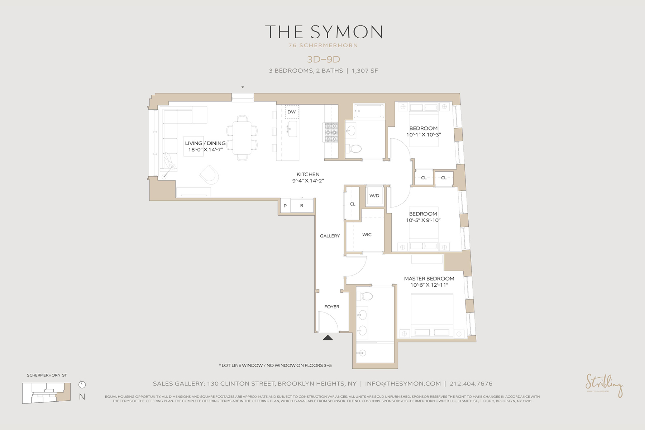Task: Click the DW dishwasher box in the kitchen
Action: [292, 112]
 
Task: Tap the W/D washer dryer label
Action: [374, 196]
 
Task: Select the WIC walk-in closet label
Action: [367, 235]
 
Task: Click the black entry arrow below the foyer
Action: [328, 337]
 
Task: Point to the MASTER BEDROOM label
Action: [429, 278]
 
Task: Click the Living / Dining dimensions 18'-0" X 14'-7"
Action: [205, 150]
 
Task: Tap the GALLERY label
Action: [330, 236]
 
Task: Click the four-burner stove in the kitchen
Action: [331, 132]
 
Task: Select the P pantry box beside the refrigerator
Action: [285, 206]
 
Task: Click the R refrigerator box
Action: [302, 206]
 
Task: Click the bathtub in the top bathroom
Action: [369, 111]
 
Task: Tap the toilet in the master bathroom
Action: [366, 296]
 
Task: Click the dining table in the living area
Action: [242, 138]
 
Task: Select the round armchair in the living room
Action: [209, 175]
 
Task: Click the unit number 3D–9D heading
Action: [323, 59]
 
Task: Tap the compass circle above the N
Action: [82, 384]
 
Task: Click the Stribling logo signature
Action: [604, 385]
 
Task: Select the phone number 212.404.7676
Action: [471, 384]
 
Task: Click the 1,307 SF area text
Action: [364, 71]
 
